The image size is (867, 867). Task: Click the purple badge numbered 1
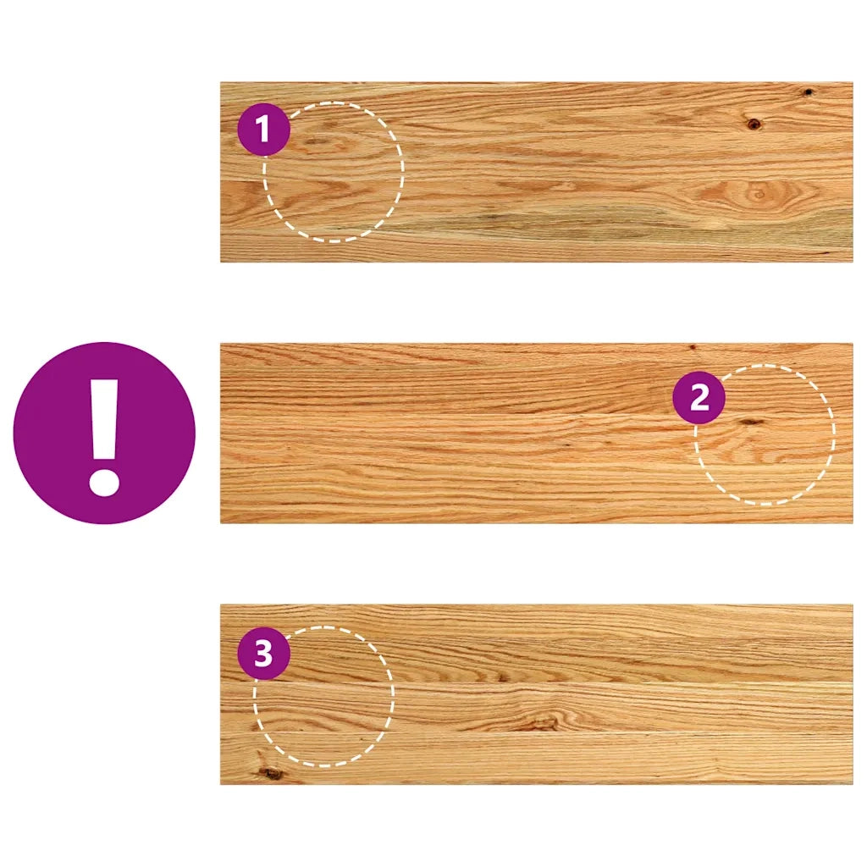click(264, 130)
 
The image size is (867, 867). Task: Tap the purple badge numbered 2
click(699, 397)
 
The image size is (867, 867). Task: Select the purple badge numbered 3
click(264, 654)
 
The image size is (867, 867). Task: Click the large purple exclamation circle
click(104, 433)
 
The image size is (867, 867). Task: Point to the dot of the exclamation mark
click(104, 480)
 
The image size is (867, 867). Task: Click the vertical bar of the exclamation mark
click(104, 418)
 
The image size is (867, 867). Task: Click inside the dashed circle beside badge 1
click(334, 172)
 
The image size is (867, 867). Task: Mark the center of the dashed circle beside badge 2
click(765, 434)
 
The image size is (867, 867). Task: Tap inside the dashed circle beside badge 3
click(324, 696)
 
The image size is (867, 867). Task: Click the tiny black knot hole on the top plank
click(808, 91)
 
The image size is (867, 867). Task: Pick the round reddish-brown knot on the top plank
click(753, 124)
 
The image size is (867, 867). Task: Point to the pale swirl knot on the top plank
click(758, 195)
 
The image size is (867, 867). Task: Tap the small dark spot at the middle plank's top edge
click(692, 347)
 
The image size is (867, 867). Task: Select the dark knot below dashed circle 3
click(270, 772)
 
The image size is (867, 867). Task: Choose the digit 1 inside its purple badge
click(263, 130)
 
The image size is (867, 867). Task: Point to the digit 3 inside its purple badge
click(264, 654)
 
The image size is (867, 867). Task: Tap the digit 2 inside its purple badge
click(699, 397)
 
